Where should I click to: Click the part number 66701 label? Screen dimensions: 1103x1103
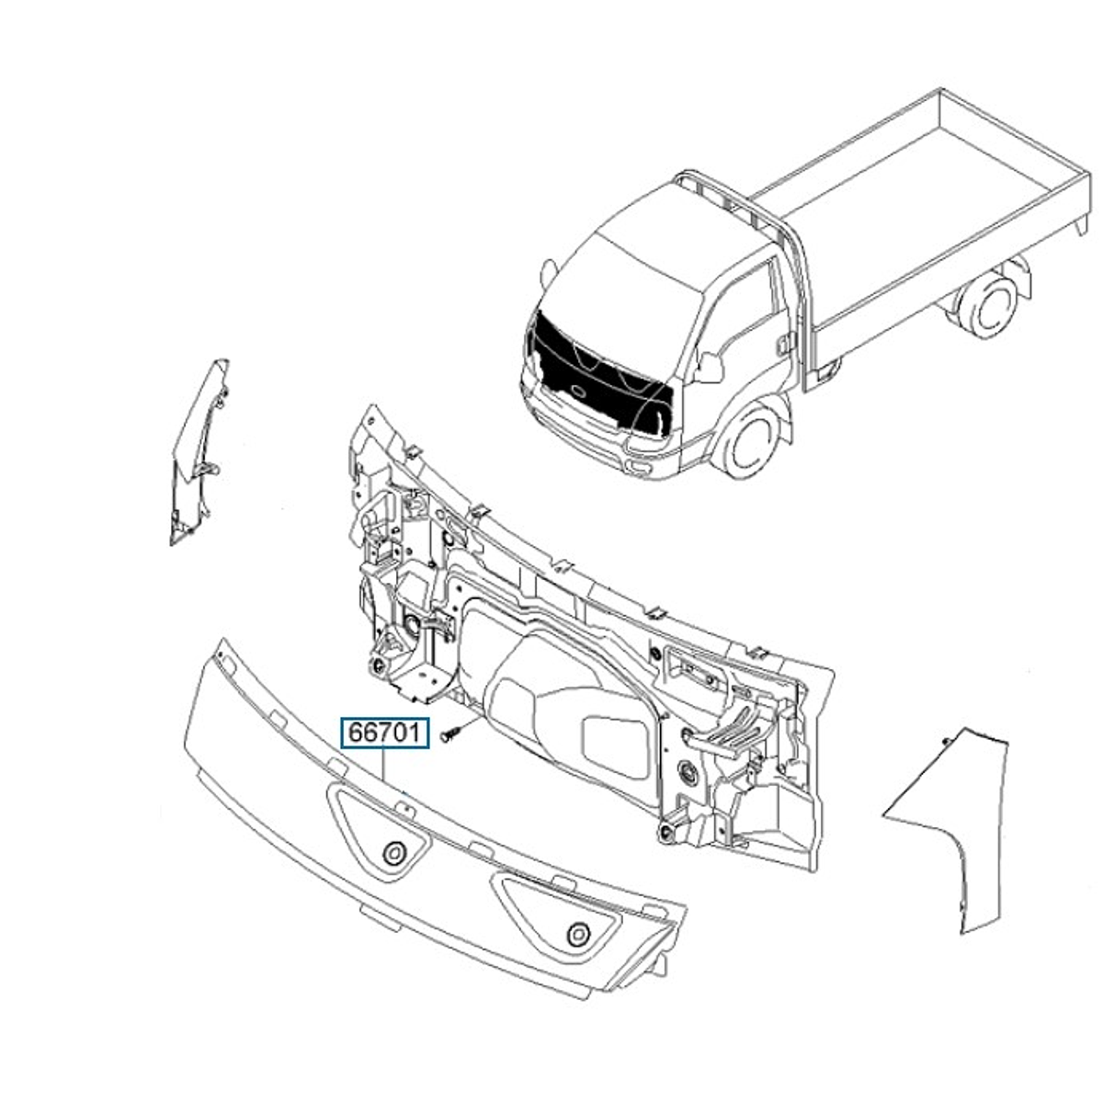click(x=386, y=733)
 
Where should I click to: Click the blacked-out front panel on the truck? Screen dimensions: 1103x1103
click(x=597, y=368)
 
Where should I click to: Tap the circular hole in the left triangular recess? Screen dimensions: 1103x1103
click(x=395, y=852)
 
